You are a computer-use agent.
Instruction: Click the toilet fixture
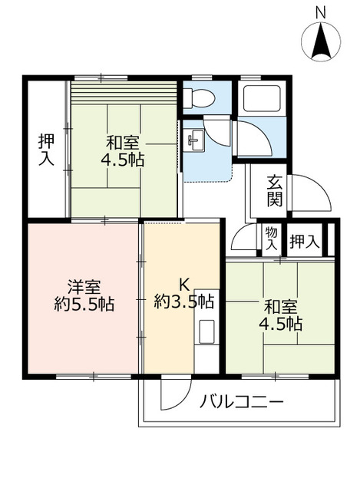tap(199, 97)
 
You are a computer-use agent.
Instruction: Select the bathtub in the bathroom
tap(263, 97)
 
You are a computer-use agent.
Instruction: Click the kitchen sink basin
tap(206, 331)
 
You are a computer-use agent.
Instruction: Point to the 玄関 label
tap(275, 192)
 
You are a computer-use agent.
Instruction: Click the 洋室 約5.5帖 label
tap(84, 295)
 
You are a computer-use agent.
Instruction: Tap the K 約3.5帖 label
tap(184, 294)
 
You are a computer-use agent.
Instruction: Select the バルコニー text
tap(242, 401)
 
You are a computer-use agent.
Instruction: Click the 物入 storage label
tap(271, 239)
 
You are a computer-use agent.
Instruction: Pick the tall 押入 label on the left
tap(46, 150)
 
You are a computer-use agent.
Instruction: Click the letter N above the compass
tap(320, 13)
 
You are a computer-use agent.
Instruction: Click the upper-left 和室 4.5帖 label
tap(123, 152)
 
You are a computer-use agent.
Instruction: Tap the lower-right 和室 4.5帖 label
tap(280, 315)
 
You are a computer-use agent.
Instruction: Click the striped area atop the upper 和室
tap(124, 93)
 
